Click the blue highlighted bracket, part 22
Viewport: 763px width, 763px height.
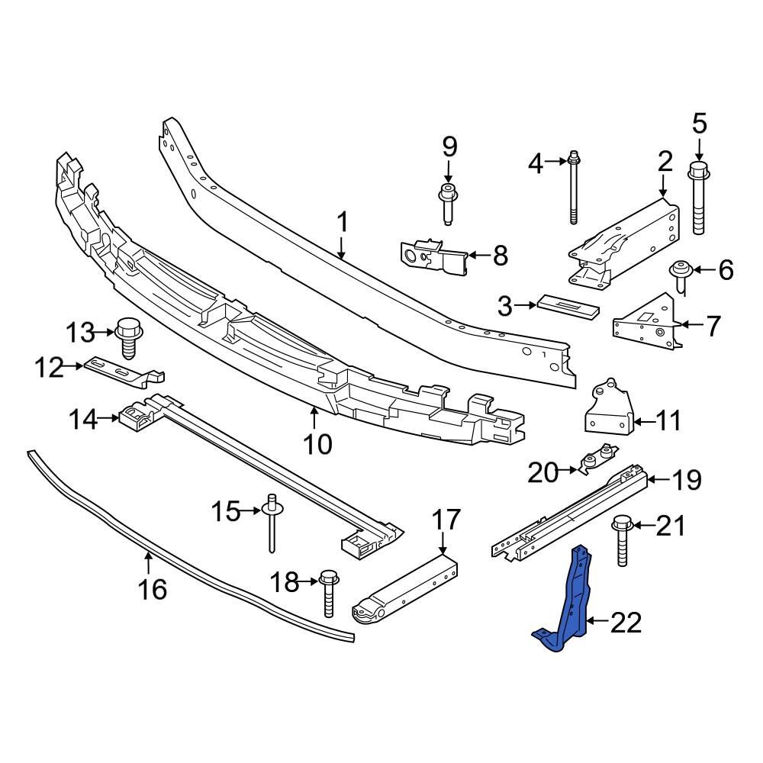click(x=572, y=603)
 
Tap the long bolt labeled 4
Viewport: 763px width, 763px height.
click(x=573, y=191)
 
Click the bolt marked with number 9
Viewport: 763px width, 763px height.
click(x=447, y=200)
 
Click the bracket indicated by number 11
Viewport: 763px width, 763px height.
click(x=609, y=407)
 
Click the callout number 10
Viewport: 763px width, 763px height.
click(x=319, y=443)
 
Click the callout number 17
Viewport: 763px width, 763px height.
click(x=446, y=520)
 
